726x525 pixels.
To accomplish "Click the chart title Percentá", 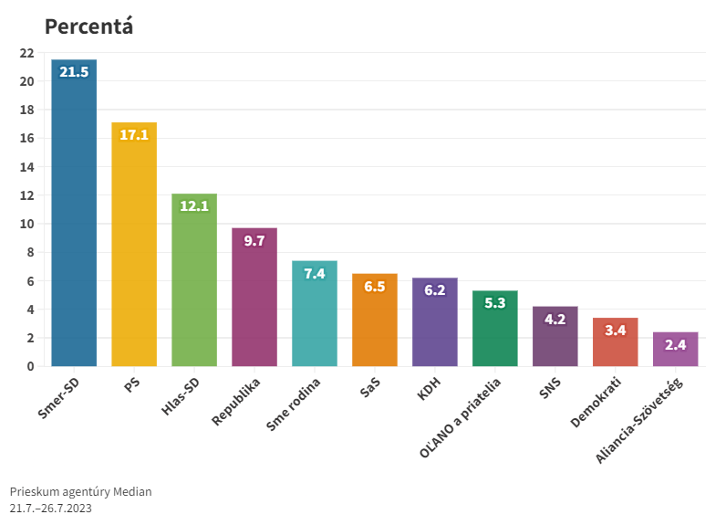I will pyautogui.click(x=89, y=26).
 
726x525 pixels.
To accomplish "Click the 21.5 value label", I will pyautogui.click(x=74, y=72).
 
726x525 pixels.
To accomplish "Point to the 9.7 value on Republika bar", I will pyautogui.click(x=254, y=240).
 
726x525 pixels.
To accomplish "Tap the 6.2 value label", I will pyautogui.click(x=435, y=290).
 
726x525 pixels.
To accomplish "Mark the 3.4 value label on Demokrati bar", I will pyautogui.click(x=616, y=330).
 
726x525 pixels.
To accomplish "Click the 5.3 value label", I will pyautogui.click(x=495, y=303).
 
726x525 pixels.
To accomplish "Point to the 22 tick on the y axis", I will pyautogui.click(x=26, y=53).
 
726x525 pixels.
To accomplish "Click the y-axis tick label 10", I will pyautogui.click(x=26, y=224).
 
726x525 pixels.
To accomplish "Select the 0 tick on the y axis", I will pyautogui.click(x=30, y=366).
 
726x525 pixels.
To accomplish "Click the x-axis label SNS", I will pyautogui.click(x=549, y=387).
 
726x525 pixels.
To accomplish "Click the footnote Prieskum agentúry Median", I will pyautogui.click(x=81, y=491).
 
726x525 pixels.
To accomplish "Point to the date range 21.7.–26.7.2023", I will pyautogui.click(x=51, y=508).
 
